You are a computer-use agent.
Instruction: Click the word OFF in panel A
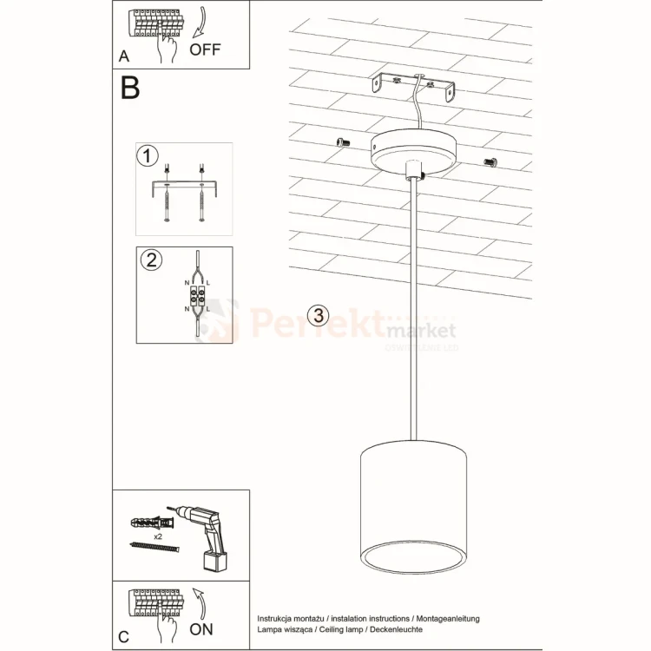point(205,49)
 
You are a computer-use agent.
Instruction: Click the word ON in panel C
point(201,628)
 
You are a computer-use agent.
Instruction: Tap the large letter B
point(130,88)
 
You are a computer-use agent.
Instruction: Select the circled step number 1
point(148,156)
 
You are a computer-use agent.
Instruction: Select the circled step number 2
point(151,260)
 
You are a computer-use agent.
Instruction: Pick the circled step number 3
point(319,314)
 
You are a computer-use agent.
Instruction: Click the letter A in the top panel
point(125,57)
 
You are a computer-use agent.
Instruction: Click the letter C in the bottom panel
point(124,637)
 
